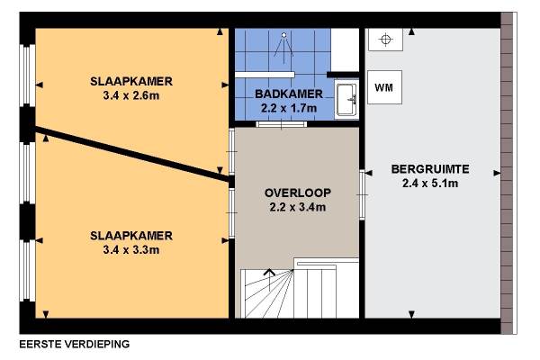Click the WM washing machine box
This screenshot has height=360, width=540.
[x=384, y=87]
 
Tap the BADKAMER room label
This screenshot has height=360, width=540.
[x=289, y=94]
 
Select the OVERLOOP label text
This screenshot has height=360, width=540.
[x=298, y=193]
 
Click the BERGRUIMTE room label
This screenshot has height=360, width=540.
[x=430, y=169]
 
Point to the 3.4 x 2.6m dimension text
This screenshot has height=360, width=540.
[x=131, y=95]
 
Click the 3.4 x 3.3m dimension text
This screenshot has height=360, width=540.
[x=131, y=250]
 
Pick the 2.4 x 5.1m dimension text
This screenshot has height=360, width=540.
[x=430, y=184]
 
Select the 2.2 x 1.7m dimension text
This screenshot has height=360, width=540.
[x=289, y=108]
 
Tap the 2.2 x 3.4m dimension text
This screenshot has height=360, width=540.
[x=298, y=207]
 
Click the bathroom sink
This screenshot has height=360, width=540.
[x=346, y=100]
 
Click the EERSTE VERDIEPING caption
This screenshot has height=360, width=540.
[x=75, y=344]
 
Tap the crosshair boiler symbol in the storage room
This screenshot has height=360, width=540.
[x=386, y=40]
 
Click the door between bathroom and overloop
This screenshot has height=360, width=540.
[x=282, y=124]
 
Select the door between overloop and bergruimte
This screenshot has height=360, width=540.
[x=362, y=195]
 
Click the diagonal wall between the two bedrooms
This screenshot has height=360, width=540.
[x=132, y=154]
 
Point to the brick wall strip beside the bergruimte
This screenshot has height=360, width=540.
[x=507, y=173]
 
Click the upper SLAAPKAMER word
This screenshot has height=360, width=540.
[x=131, y=81]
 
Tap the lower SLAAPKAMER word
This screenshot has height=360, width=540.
[x=131, y=236]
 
